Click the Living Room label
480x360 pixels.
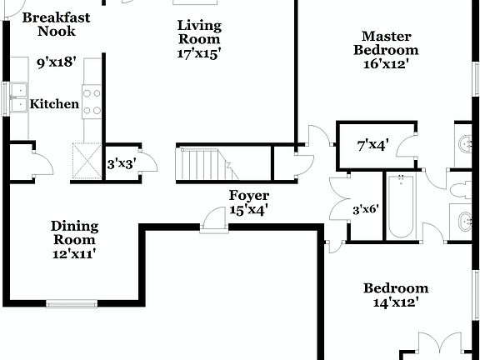tap(199, 32)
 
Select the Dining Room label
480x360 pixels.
tap(74, 232)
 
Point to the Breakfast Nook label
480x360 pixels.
tap(56, 24)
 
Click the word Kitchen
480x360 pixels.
tap(55, 104)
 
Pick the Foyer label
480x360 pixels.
tap(248, 196)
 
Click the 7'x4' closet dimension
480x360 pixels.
tap(372, 146)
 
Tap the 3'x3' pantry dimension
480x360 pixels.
tap(122, 164)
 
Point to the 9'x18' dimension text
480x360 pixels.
tap(56, 62)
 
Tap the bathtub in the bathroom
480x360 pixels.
tap(402, 205)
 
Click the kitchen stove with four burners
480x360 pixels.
tap(92, 101)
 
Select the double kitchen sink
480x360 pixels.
tap(18, 98)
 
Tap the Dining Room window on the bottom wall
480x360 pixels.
tap(70, 302)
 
